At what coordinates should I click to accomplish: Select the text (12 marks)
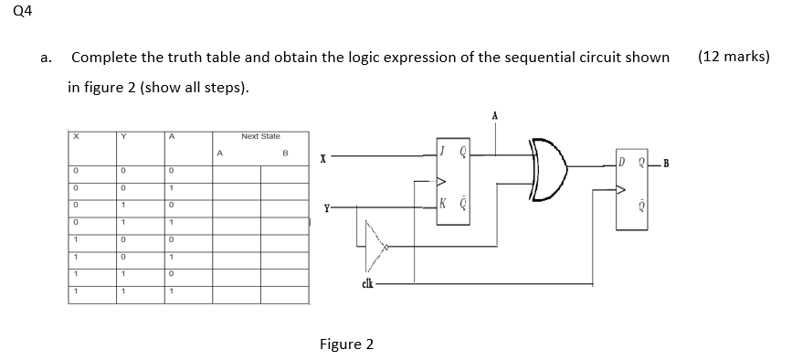click(733, 57)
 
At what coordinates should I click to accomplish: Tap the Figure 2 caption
click(346, 344)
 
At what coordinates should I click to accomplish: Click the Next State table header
click(260, 135)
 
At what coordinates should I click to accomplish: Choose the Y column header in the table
click(124, 135)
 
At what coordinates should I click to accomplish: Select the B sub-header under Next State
click(286, 153)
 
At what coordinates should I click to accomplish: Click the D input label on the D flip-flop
click(622, 164)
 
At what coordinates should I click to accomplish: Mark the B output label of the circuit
click(666, 164)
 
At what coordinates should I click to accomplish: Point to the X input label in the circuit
click(322, 158)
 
